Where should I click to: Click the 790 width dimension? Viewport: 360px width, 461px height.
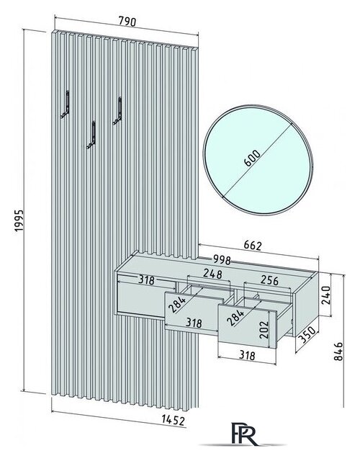pos(127,21)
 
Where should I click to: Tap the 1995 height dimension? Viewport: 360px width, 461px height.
pos(19,220)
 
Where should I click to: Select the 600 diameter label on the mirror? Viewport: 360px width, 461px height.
pos(252,158)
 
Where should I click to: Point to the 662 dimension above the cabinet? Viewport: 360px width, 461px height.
pos(253,246)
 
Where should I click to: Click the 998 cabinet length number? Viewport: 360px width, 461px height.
pos(222,260)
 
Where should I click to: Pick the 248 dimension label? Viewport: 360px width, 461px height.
pos(212,274)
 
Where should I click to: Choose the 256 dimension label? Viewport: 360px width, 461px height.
pos(269,280)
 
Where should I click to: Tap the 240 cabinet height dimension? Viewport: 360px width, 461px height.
pos(326,295)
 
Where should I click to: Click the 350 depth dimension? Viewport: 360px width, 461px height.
pos(308,335)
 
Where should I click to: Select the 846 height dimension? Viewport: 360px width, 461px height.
pos(338,351)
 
